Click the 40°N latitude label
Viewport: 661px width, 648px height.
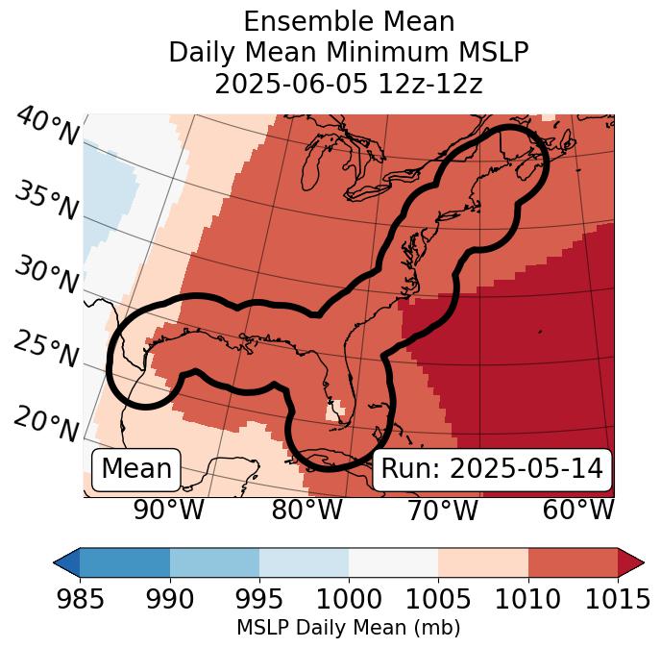coord(47,128)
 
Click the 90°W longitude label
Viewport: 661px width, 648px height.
coord(168,511)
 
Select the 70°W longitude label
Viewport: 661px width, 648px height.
coord(442,511)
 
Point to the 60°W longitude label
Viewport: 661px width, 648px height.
coord(578,511)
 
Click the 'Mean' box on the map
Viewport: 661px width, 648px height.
coord(136,469)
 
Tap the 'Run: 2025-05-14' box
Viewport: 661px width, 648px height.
coord(492,469)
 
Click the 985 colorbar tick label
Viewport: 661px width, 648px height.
coord(81,600)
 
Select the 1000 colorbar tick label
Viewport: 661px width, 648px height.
coord(349,600)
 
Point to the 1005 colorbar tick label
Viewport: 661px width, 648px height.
coord(438,600)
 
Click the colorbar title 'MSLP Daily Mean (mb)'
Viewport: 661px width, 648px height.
coord(349,629)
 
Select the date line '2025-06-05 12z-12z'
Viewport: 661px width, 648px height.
coord(349,84)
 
